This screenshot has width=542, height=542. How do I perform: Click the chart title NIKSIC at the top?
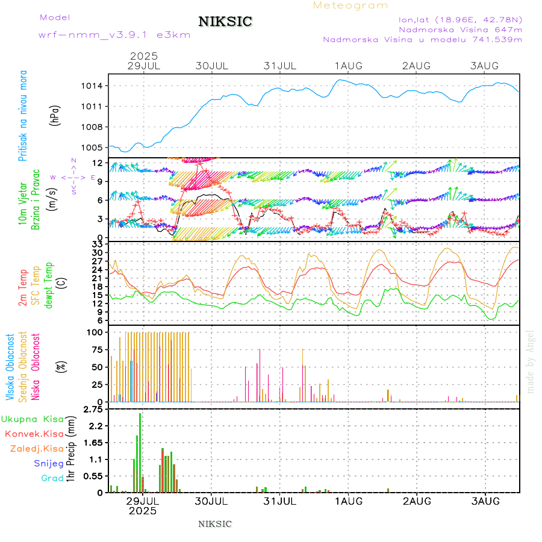(x=225, y=22)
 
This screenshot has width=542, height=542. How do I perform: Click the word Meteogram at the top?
(x=350, y=5)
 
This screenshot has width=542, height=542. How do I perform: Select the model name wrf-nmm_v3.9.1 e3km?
(x=114, y=35)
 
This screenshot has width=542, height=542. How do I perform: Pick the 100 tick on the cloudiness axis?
(x=96, y=332)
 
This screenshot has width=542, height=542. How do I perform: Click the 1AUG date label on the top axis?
(x=349, y=65)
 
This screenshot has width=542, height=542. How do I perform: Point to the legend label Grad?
(x=52, y=479)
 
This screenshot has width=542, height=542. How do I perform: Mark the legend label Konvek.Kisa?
(x=34, y=434)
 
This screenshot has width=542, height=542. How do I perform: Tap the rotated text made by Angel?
(x=531, y=361)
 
